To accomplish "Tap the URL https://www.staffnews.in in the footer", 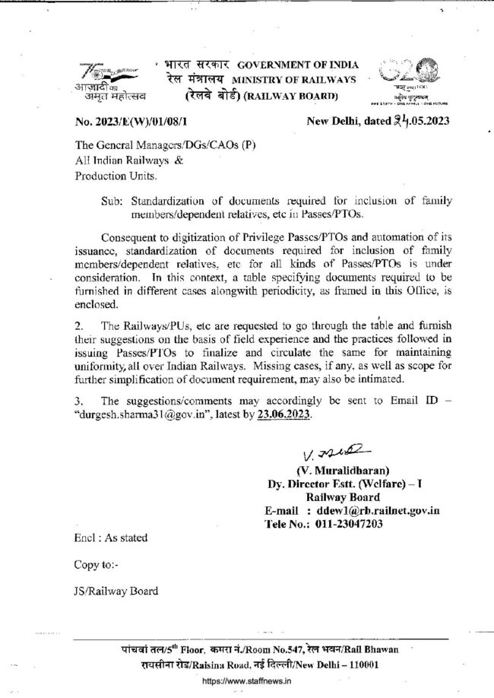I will click(246, 681).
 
